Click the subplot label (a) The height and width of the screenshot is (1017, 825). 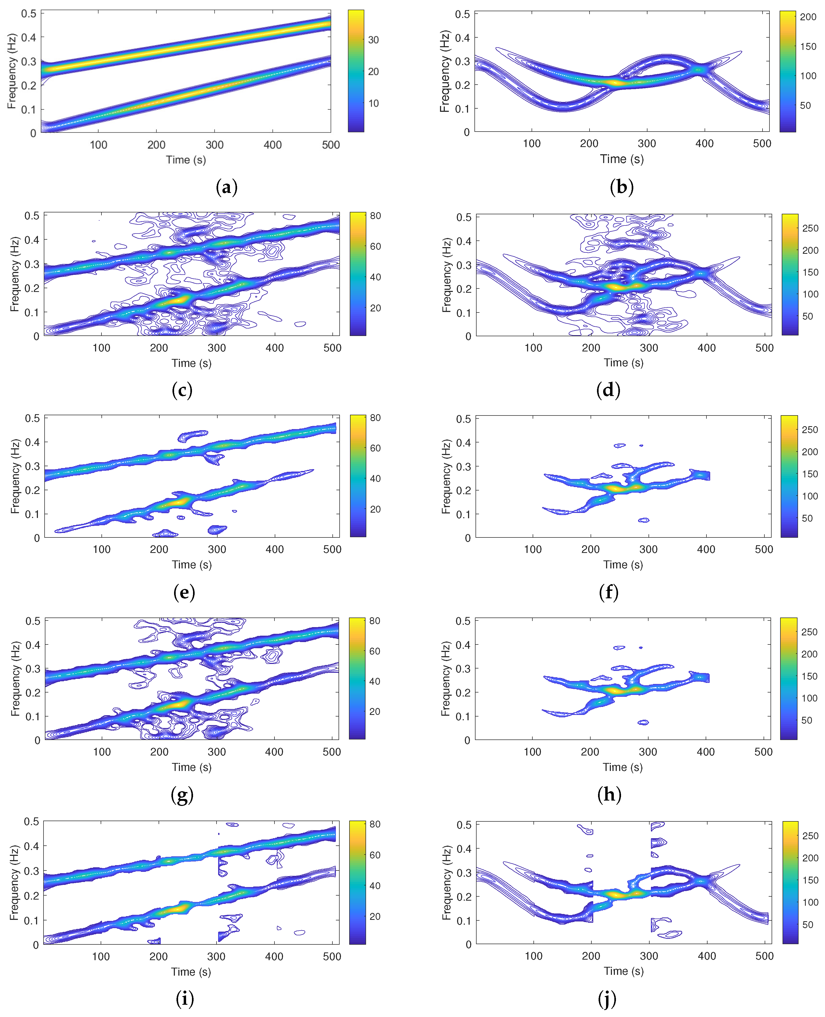pyautogui.click(x=227, y=187)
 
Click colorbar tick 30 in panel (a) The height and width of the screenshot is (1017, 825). pyautogui.click(x=374, y=40)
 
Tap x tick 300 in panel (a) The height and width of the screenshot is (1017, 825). pyautogui.click(x=214, y=145)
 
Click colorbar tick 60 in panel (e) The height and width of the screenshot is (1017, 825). pyautogui.click(x=375, y=448)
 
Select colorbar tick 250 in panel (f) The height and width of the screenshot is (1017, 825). pyautogui.click(x=810, y=429)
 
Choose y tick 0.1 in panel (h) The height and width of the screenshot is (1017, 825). pyautogui.click(x=463, y=716)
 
